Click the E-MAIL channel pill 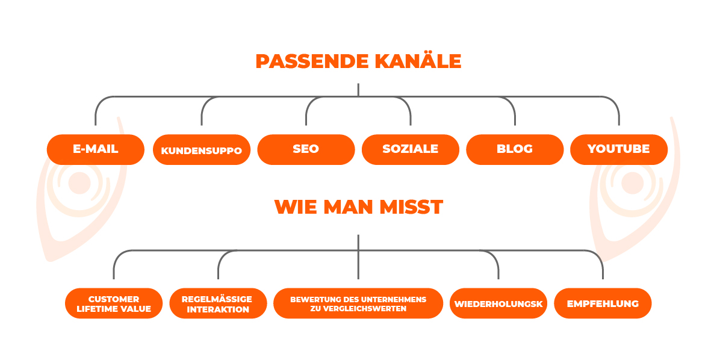[x=96, y=149]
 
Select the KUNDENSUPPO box [x=202, y=149]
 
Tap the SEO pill [x=306, y=149]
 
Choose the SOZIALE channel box [x=410, y=149]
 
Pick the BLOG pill [x=515, y=149]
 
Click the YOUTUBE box [x=619, y=149]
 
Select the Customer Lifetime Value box [x=114, y=303]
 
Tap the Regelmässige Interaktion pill [x=218, y=303]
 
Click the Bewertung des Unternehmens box [x=358, y=303]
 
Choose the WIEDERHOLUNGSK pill [x=498, y=303]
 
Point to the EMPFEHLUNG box [x=603, y=303]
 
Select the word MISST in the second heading [x=412, y=207]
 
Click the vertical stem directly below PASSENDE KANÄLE [x=358, y=90]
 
